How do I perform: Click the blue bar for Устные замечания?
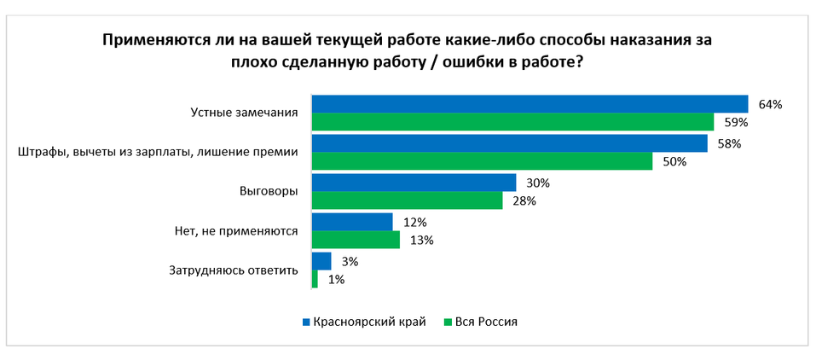[x=530, y=104]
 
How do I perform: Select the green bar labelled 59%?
[x=512, y=122]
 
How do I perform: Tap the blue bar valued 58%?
[x=509, y=143]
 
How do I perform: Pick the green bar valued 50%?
[x=482, y=161]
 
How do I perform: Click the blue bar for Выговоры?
[x=414, y=183]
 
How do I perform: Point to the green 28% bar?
[x=407, y=200]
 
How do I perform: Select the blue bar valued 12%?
[x=352, y=222]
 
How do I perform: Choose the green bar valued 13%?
[x=356, y=240]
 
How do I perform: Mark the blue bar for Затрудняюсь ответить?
[x=321, y=261]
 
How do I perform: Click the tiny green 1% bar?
[x=315, y=279]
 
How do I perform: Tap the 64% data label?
[x=770, y=104]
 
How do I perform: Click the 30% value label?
[x=537, y=183]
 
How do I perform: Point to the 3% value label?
[x=349, y=261]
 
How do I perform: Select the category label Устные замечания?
[x=243, y=113]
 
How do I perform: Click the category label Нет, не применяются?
[x=235, y=231]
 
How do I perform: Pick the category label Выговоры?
[x=269, y=191]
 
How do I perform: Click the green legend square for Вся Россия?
[x=448, y=322]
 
